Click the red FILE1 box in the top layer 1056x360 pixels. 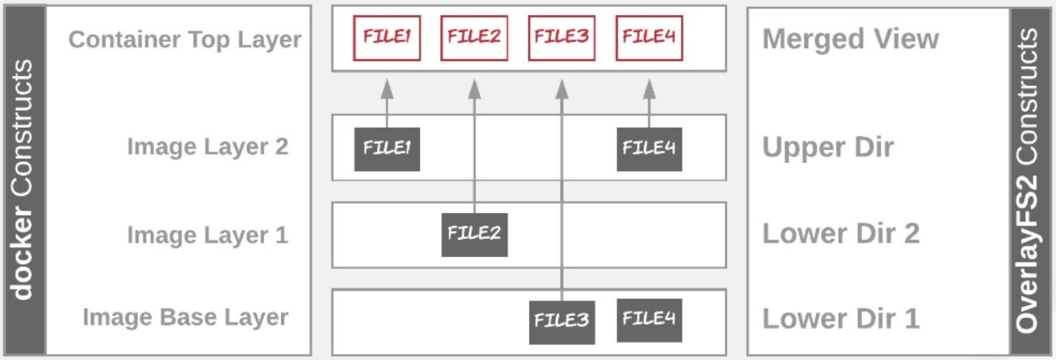point(387,38)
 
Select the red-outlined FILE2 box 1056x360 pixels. point(474,38)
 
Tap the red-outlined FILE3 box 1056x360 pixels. point(561,38)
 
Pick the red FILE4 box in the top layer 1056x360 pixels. point(649,38)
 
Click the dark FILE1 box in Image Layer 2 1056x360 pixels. point(387,149)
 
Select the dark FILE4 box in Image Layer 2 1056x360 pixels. point(649,149)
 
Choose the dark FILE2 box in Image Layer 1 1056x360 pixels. point(474,234)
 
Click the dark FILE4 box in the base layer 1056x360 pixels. point(649,320)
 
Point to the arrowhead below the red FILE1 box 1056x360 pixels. point(387,89)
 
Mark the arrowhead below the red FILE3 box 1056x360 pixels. point(561,89)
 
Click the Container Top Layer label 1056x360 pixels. point(184,39)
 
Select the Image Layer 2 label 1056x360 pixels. point(207,147)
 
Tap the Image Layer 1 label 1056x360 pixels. point(207,235)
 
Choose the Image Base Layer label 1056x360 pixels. point(185,317)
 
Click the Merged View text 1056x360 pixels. point(850,39)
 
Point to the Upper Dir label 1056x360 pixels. point(827,147)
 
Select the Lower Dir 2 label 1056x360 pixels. point(840,233)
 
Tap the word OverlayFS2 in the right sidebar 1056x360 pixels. point(1027,254)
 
